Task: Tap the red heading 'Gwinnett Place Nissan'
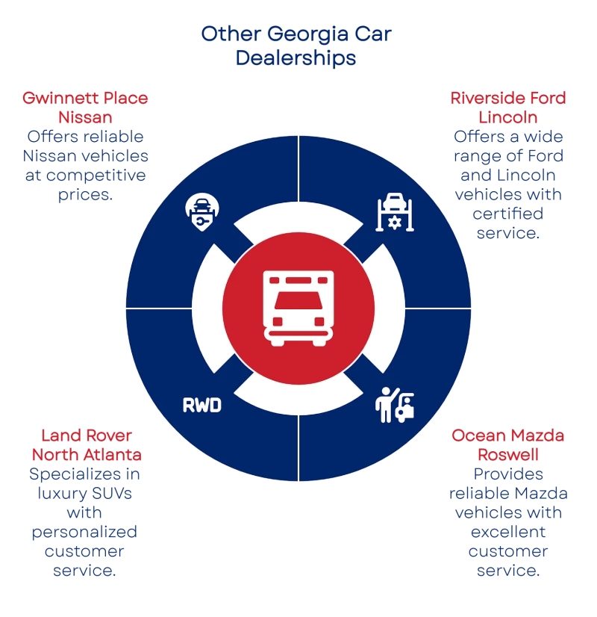tap(85, 108)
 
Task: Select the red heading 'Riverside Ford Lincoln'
tap(507, 108)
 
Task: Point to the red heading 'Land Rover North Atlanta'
tap(87, 445)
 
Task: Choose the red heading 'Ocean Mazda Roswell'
tap(507, 445)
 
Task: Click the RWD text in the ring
tap(202, 406)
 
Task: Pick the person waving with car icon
tap(393, 404)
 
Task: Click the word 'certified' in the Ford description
tap(507, 214)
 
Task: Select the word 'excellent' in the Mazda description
tap(507, 533)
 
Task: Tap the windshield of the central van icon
tap(298, 303)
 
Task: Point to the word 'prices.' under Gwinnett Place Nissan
tap(85, 194)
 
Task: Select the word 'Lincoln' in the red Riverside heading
tap(507, 117)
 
